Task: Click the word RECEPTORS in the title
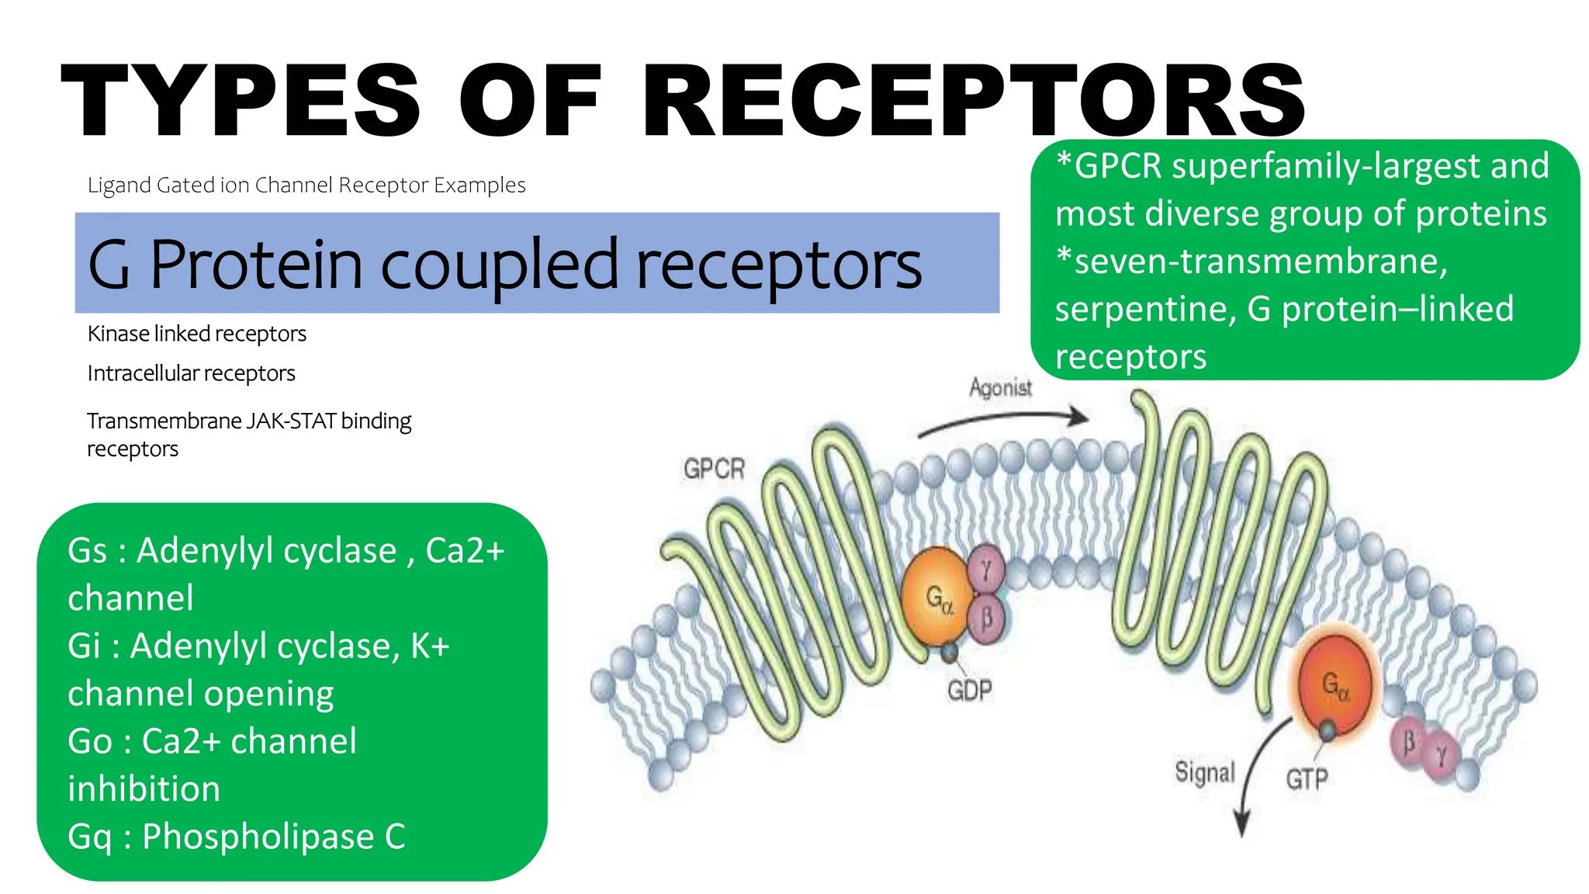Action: pos(974,101)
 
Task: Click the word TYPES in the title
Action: pos(241,101)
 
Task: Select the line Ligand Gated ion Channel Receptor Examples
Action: pos(306,185)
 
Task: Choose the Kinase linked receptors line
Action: pos(197,334)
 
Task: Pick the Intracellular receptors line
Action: pos(191,373)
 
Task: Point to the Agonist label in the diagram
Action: pos(1000,387)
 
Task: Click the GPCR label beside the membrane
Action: pos(714,469)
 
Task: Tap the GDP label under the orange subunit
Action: pos(969,690)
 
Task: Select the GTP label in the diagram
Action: pos(1307,778)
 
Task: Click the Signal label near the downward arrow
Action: pos(1204,772)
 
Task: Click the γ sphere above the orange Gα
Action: pos(986,570)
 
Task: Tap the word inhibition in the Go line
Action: pos(144,789)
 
